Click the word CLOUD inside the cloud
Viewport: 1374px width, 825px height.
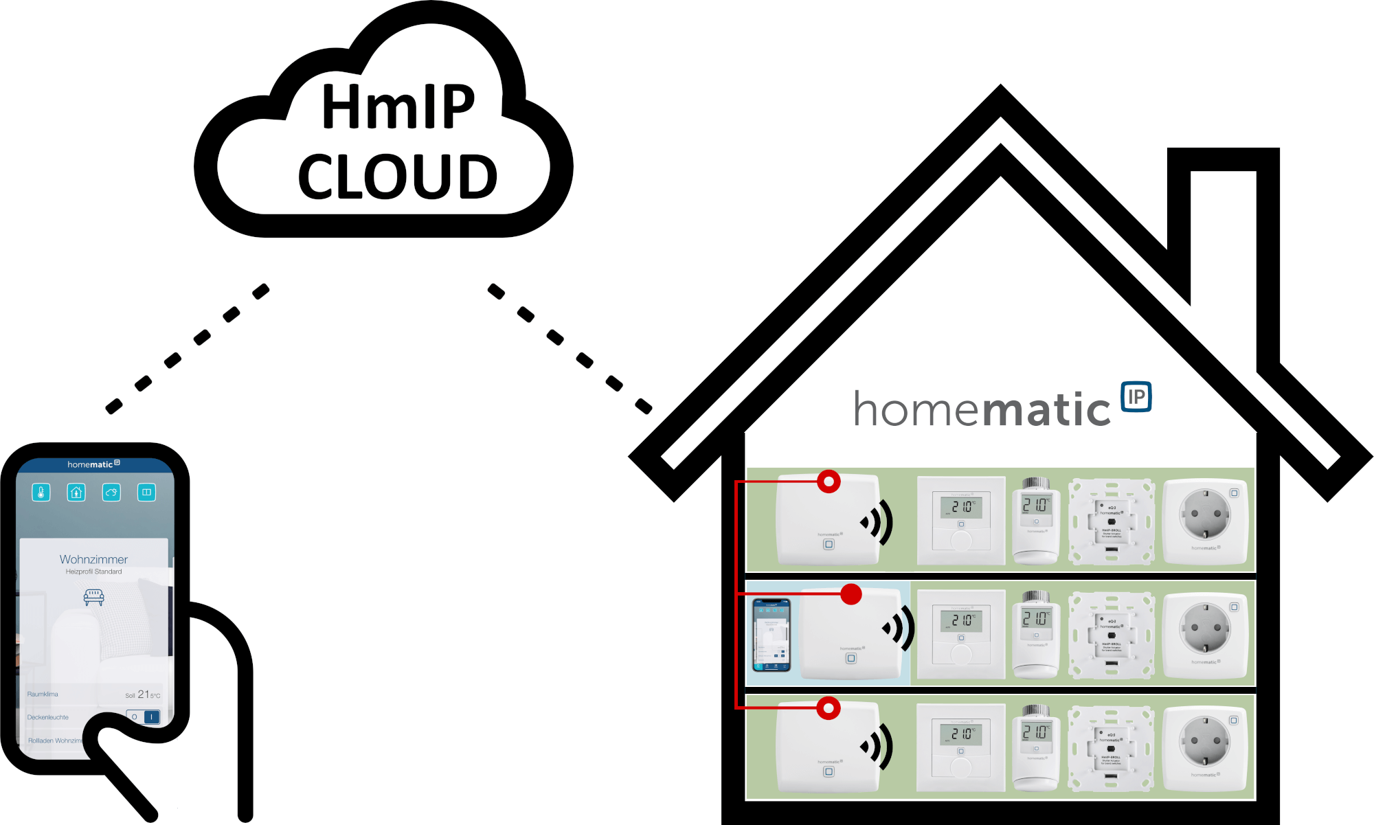[x=398, y=177]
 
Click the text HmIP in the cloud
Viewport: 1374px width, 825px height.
[x=398, y=106]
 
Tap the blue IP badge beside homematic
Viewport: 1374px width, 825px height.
[x=1136, y=397]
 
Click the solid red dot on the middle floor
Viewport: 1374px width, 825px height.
[x=851, y=594]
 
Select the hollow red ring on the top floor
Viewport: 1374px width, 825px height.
[x=829, y=482]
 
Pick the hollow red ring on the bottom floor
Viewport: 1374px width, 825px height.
[x=829, y=708]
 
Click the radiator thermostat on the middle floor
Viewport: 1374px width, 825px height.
[x=1036, y=634]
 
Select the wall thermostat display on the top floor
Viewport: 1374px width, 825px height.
[x=961, y=507]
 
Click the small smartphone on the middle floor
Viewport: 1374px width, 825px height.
[x=772, y=634]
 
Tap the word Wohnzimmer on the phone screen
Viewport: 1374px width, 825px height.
[x=93, y=560]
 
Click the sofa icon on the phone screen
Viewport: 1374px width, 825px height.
[x=93, y=596]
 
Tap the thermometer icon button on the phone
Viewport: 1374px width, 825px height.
[x=41, y=492]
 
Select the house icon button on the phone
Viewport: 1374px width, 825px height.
[x=76, y=492]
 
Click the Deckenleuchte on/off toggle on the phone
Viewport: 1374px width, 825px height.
[x=144, y=717]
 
